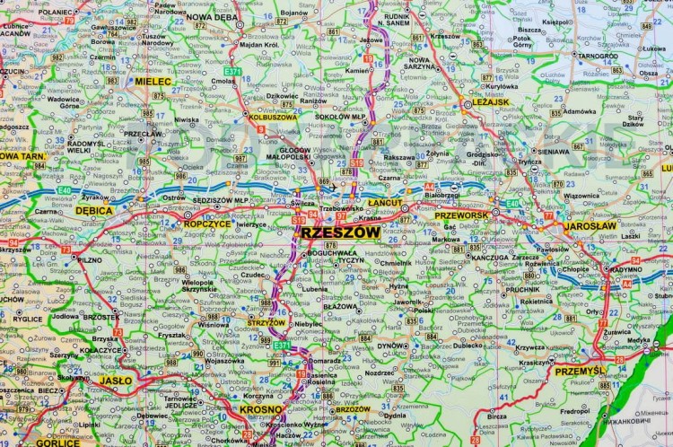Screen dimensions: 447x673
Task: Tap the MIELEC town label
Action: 153,81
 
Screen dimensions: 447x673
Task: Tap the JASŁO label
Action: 115,380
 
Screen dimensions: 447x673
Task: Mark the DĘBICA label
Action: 93,210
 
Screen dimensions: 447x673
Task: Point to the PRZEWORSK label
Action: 460,215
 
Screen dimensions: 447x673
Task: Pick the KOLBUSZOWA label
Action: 273,117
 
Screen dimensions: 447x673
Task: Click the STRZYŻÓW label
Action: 267,322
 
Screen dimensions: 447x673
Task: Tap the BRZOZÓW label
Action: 352,408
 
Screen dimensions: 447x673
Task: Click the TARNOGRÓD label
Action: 597,56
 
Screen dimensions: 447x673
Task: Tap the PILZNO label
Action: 90,259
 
